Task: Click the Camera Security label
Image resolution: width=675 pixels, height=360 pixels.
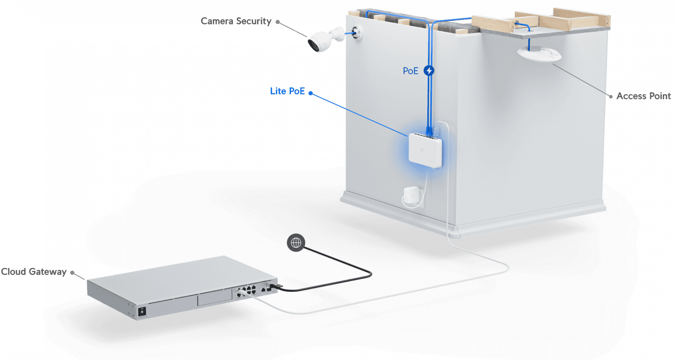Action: pyautogui.click(x=236, y=21)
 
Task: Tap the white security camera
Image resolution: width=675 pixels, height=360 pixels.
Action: pyautogui.click(x=323, y=40)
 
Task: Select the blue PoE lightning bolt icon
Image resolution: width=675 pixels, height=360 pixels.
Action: pyautogui.click(x=429, y=71)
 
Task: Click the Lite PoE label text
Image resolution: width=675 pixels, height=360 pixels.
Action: pyautogui.click(x=287, y=91)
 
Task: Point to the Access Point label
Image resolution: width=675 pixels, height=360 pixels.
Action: pyautogui.click(x=643, y=96)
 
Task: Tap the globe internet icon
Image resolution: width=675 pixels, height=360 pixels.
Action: pyautogui.click(x=296, y=243)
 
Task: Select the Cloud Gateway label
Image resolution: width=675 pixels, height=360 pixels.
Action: pyautogui.click(x=34, y=272)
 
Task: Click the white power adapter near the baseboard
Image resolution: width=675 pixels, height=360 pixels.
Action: pyautogui.click(x=411, y=195)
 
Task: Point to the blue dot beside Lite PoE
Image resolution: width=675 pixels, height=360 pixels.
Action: pyautogui.click(x=310, y=93)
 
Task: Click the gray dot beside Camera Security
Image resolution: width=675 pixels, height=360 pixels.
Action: pyautogui.click(x=278, y=22)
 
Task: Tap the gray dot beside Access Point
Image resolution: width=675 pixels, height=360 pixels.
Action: pyautogui.click(x=611, y=97)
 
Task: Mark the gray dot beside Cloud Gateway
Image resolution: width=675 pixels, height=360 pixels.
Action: pyautogui.click(x=72, y=273)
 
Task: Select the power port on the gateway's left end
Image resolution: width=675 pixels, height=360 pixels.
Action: pyautogui.click(x=142, y=312)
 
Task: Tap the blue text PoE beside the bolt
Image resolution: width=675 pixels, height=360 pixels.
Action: pyautogui.click(x=410, y=71)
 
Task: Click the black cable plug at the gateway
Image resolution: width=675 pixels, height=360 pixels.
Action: pyautogui.click(x=274, y=286)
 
